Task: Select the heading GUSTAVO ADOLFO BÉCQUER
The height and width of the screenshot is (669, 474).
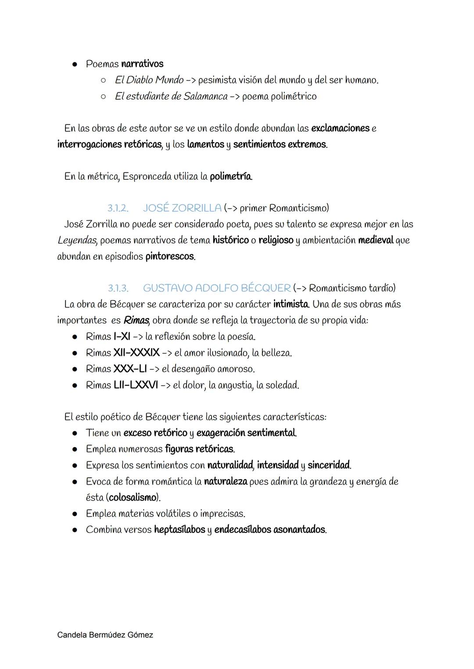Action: tap(216, 288)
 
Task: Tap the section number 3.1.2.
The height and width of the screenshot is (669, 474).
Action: tap(118, 208)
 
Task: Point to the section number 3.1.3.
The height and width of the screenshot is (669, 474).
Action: tap(118, 288)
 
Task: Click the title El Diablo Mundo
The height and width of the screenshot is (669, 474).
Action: tap(149, 80)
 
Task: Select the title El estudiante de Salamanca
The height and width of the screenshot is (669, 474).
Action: tap(171, 97)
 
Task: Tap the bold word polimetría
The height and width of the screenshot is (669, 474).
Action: tap(231, 177)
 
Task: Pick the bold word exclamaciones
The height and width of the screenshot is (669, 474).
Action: tap(340, 129)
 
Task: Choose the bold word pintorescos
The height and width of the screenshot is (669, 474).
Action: tap(170, 257)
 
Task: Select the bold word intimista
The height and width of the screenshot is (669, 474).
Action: tap(291, 304)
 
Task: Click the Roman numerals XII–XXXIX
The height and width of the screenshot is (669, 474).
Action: tap(136, 353)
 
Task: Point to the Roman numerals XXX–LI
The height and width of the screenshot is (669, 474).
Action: tap(130, 369)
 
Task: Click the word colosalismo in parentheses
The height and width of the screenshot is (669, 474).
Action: tap(132, 497)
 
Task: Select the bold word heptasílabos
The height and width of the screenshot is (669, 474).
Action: tap(180, 530)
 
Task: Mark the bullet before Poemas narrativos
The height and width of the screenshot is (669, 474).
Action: tap(75, 64)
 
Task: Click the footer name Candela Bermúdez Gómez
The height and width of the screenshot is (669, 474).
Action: tap(105, 635)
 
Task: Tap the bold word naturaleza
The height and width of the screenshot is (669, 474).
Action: tap(226, 482)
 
